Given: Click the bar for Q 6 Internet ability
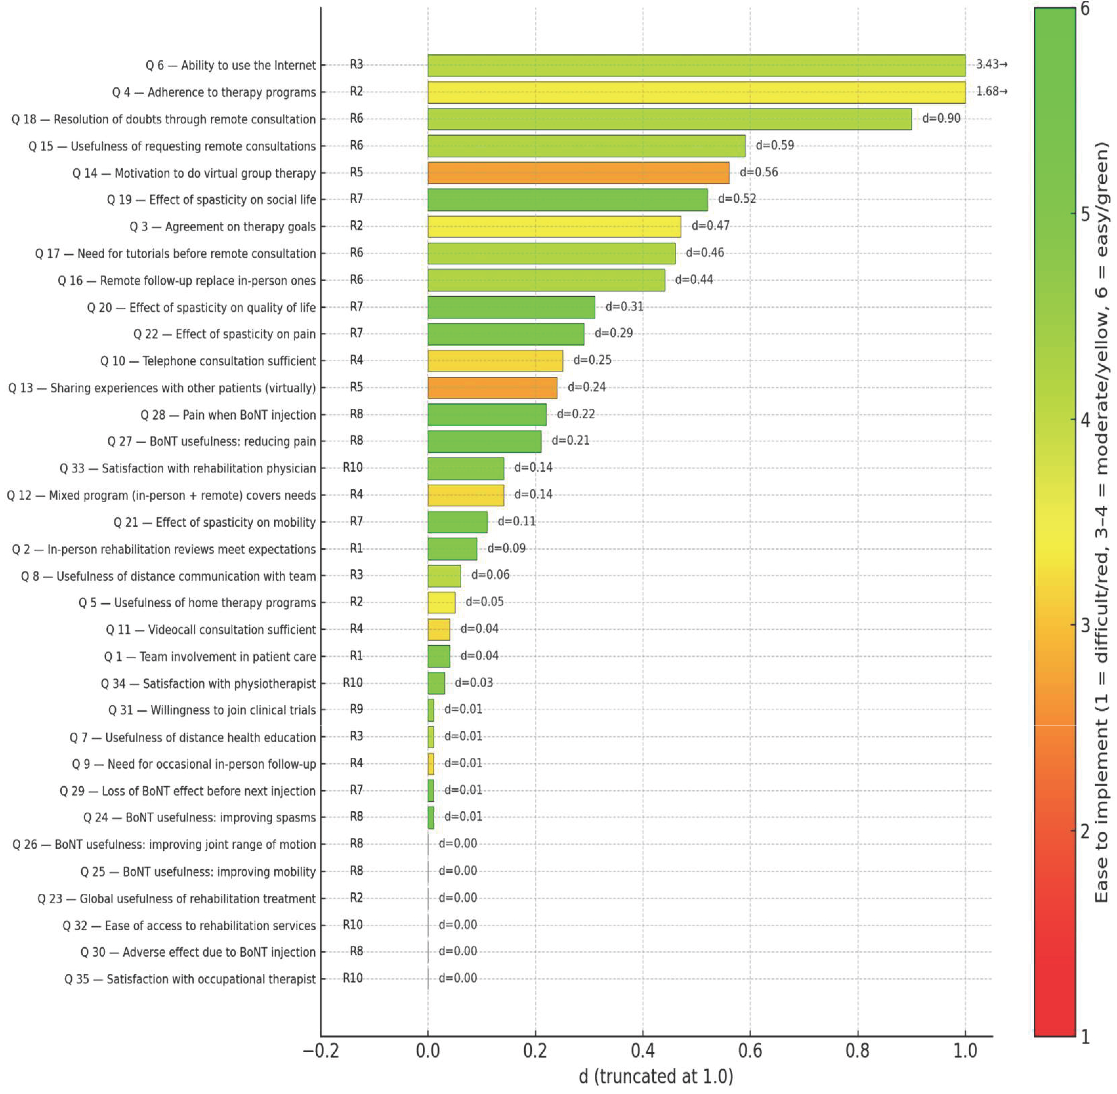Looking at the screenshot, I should pos(696,65).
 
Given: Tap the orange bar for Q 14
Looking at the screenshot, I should pos(578,173).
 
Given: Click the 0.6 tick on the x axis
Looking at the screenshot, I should pos(750,1051).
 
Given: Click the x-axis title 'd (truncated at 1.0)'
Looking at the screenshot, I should pos(656,1076).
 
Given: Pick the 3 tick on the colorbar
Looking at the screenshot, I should pos(1085,625).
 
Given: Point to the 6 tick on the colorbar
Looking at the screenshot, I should pos(1085,9).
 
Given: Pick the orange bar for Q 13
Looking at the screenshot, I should pos(492,388).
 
